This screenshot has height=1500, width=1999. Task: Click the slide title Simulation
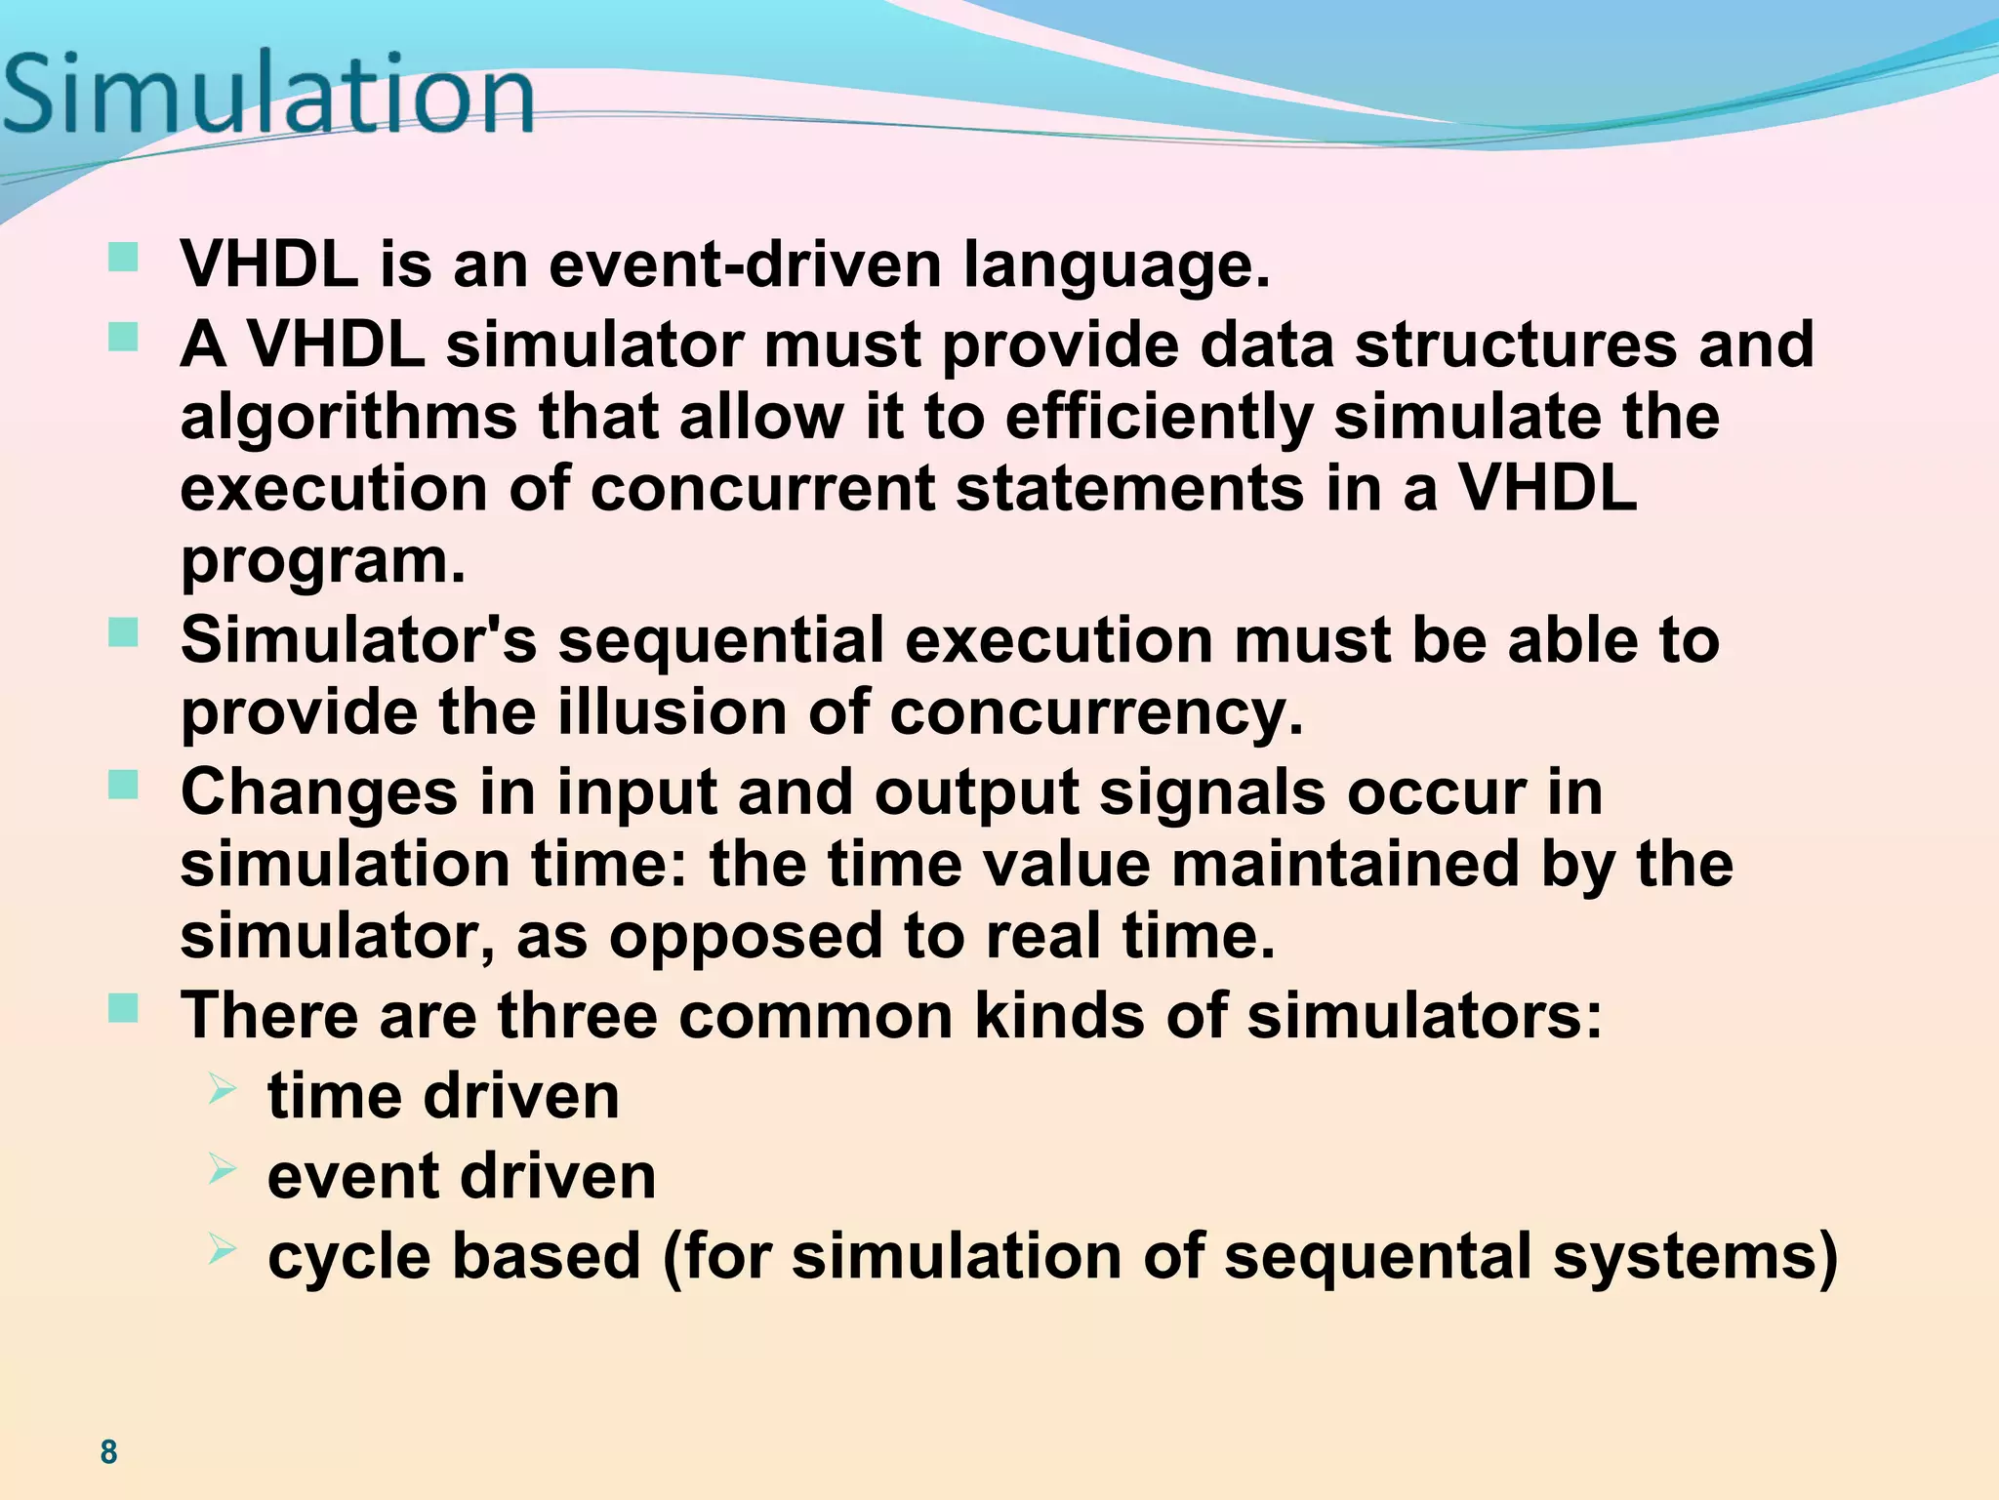(268, 95)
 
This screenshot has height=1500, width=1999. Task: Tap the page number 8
(108, 1451)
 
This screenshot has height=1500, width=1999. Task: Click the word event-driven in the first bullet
(745, 264)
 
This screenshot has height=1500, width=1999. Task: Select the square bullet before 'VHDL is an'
(123, 259)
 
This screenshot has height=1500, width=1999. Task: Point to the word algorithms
(348, 418)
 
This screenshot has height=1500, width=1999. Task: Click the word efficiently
(1159, 418)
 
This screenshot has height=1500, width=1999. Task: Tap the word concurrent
(762, 488)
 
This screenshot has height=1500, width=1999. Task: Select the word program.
(323, 562)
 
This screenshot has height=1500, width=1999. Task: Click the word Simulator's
(358, 640)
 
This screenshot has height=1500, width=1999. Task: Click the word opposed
(746, 937)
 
